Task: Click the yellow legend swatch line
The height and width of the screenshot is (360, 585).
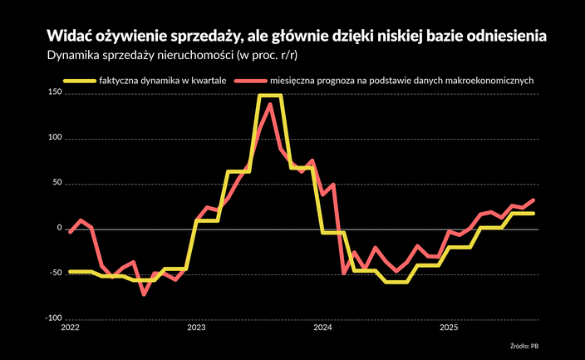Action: pyautogui.click(x=80, y=81)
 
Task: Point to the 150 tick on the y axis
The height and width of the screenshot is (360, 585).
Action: pyautogui.click(x=55, y=93)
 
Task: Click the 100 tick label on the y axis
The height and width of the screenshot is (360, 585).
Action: pyautogui.click(x=55, y=138)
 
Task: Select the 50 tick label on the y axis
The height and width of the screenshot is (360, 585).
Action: pyautogui.click(x=57, y=183)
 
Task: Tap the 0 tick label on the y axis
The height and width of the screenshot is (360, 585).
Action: pyautogui.click(x=59, y=228)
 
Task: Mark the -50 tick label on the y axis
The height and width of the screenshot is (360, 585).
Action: pyautogui.click(x=55, y=273)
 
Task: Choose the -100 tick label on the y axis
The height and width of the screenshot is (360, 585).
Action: pyautogui.click(x=53, y=318)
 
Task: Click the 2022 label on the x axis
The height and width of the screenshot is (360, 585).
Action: pyautogui.click(x=70, y=328)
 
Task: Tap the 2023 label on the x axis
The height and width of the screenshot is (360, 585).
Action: pyautogui.click(x=196, y=328)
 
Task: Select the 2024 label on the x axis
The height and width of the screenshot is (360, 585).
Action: pyautogui.click(x=322, y=328)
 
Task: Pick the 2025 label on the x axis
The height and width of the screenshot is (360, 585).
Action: pyautogui.click(x=449, y=328)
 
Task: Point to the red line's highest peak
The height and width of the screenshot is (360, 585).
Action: pyautogui.click(x=270, y=105)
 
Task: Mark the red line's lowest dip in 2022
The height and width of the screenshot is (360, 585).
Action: pyautogui.click(x=143, y=293)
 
